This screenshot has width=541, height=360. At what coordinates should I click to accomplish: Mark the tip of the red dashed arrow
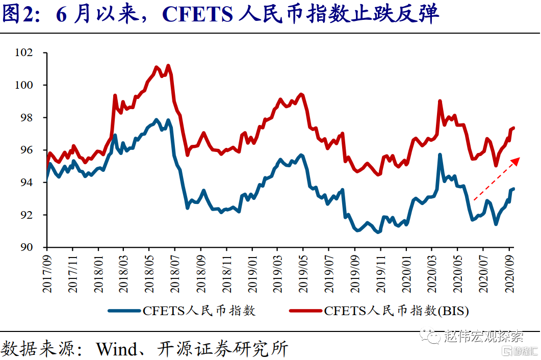[x=519, y=159]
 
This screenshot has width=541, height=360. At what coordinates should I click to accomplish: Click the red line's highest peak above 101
[x=168, y=65]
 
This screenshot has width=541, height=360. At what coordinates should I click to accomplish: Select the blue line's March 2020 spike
[x=440, y=155]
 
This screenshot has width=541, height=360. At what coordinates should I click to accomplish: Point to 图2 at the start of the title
[x=17, y=15]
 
